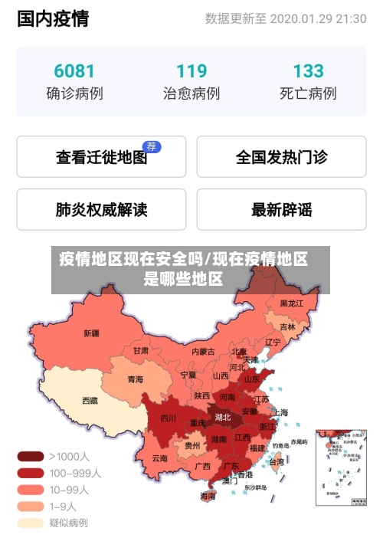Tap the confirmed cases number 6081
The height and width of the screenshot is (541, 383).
[x=74, y=71]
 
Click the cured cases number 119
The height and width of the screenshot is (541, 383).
[x=191, y=71]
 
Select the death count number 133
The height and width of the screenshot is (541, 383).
[x=308, y=71]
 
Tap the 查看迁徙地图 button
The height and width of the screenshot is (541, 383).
[x=101, y=157]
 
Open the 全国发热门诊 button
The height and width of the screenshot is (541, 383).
[x=281, y=157]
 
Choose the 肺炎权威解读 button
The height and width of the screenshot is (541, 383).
[x=101, y=209]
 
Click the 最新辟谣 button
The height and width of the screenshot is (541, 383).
[x=281, y=209]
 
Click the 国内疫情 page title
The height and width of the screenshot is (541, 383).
[x=52, y=19]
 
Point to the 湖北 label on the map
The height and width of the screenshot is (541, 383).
[x=223, y=418]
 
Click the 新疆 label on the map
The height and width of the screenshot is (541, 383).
[x=91, y=333]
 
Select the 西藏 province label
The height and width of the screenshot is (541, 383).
[x=90, y=400]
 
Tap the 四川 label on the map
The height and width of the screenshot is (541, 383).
[x=168, y=418]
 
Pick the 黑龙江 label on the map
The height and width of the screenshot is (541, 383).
[x=291, y=303]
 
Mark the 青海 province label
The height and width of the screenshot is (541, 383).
[x=135, y=379]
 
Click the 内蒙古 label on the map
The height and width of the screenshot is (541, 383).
[x=203, y=352]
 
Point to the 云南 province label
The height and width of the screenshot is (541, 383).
[x=159, y=458]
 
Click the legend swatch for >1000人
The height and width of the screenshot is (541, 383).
[x=31, y=456]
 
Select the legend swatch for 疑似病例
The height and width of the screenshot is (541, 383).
[x=31, y=523]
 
